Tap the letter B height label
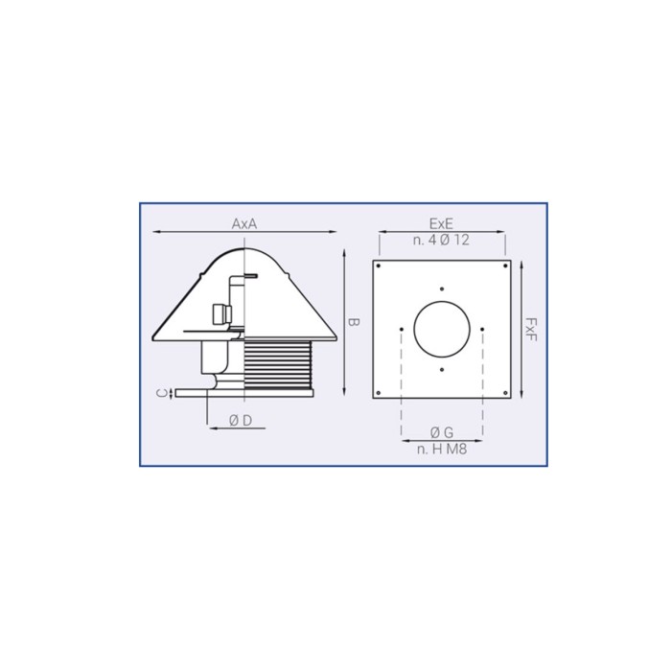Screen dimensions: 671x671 351,323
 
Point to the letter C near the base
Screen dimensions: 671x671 164,391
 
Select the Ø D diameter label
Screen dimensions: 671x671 241,420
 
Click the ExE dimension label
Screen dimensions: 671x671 441,222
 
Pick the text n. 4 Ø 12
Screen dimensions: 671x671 441,241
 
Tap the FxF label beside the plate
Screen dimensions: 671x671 530,329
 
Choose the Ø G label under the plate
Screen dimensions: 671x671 442,431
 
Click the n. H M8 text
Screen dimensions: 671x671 442,449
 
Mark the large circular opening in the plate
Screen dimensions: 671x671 442,329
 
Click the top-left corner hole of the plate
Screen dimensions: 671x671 380,265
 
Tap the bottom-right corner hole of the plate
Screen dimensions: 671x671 503,391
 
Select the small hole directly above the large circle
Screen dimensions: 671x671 442,289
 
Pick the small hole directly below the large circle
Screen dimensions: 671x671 442,370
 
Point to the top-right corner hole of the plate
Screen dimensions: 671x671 503,265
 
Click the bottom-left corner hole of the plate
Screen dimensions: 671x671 380,391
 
